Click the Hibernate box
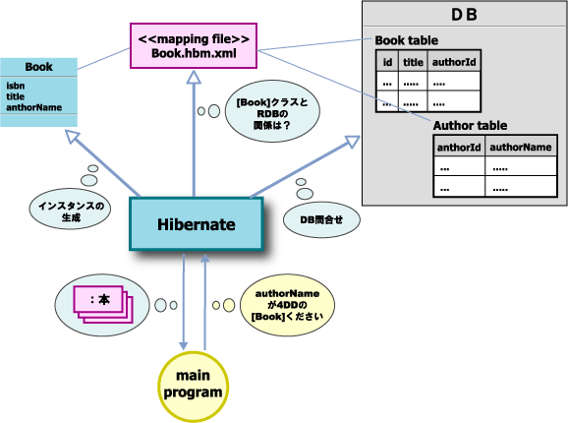click(x=197, y=224)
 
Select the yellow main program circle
click(x=194, y=384)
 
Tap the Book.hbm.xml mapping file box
click(x=194, y=46)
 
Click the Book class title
click(x=39, y=67)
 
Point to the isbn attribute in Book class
click(x=15, y=86)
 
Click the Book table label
click(x=408, y=39)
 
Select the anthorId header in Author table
click(x=458, y=148)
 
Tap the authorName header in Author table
click(x=521, y=148)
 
